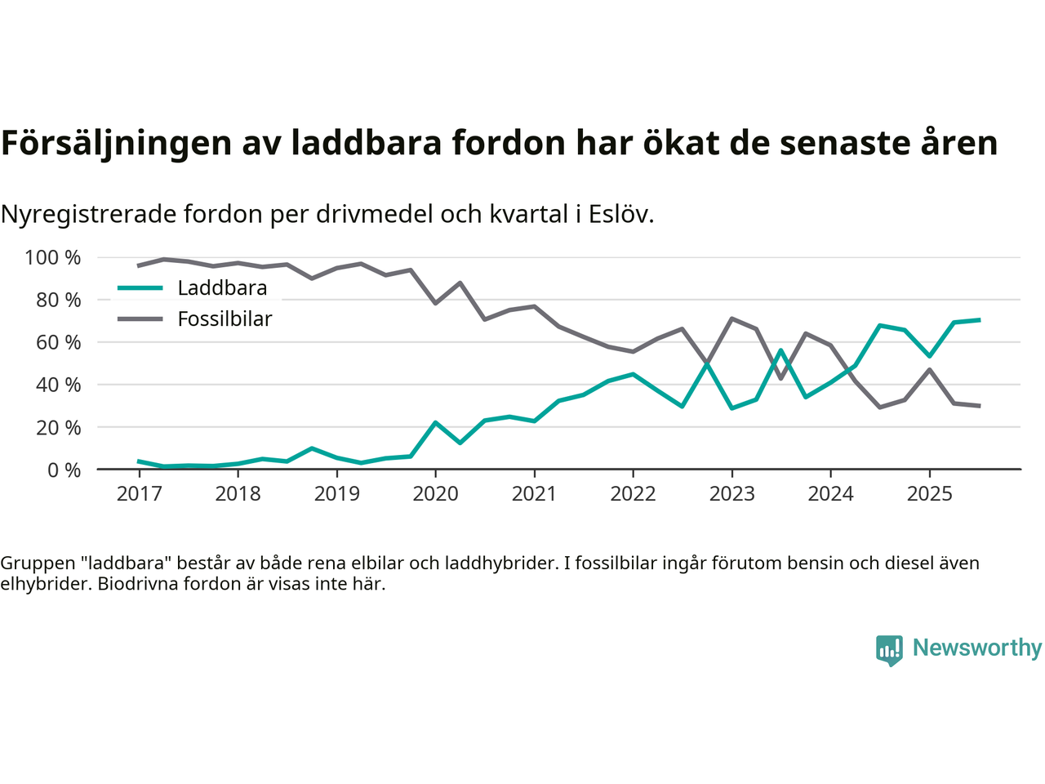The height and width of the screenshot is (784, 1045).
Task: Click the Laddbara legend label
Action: (x=222, y=288)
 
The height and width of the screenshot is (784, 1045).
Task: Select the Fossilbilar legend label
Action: (x=225, y=319)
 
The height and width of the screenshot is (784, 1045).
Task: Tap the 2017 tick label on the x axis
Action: (x=139, y=494)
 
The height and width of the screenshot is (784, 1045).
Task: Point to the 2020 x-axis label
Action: (x=435, y=494)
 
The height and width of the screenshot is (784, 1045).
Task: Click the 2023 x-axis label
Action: (x=731, y=494)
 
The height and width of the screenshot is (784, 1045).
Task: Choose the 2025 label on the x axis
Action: (x=929, y=494)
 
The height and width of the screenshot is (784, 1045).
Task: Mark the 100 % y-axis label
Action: (x=53, y=258)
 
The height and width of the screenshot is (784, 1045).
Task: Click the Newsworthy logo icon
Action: (x=889, y=650)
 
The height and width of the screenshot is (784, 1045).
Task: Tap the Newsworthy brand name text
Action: (x=977, y=648)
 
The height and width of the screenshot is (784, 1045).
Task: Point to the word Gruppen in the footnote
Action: (x=33, y=563)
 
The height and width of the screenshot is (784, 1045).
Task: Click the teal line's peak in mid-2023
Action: (x=781, y=350)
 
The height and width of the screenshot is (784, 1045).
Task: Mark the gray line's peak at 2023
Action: (x=731, y=318)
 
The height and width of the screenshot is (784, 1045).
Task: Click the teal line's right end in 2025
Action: (x=979, y=320)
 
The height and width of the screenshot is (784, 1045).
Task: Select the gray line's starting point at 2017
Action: (x=139, y=265)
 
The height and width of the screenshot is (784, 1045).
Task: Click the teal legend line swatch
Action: (x=140, y=288)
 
